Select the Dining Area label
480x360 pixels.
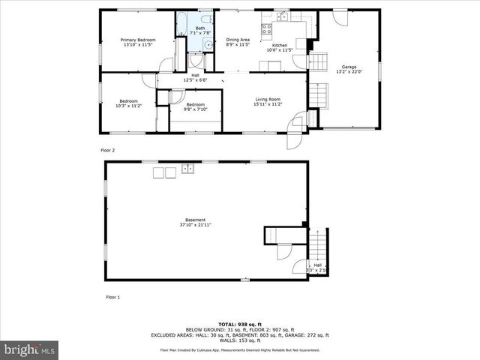point(238,39)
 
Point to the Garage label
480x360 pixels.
point(349,67)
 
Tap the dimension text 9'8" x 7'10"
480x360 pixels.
point(195,109)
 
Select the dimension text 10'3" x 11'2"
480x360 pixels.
point(129,106)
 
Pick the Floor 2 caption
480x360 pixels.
point(108,150)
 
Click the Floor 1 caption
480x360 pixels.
point(112,297)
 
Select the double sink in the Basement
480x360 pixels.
point(187,169)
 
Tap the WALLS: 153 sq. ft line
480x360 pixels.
point(239,341)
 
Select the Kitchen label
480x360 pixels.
point(279,45)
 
